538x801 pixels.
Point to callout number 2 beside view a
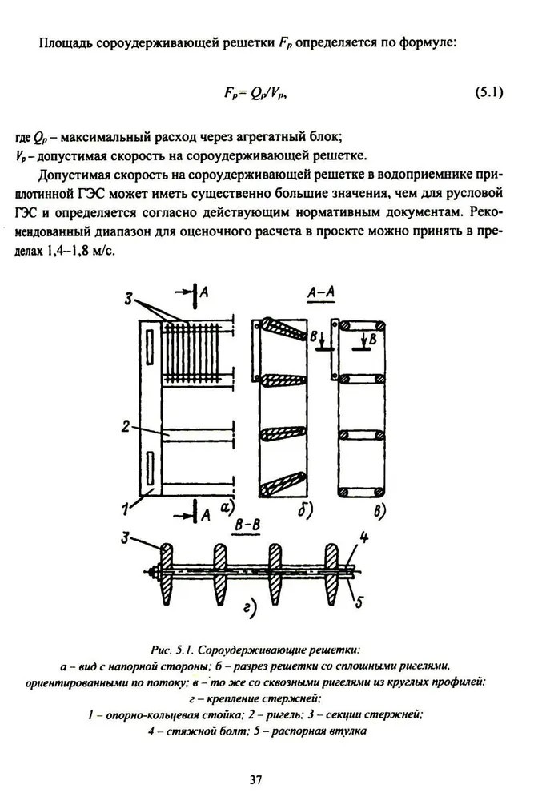[126, 427]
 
